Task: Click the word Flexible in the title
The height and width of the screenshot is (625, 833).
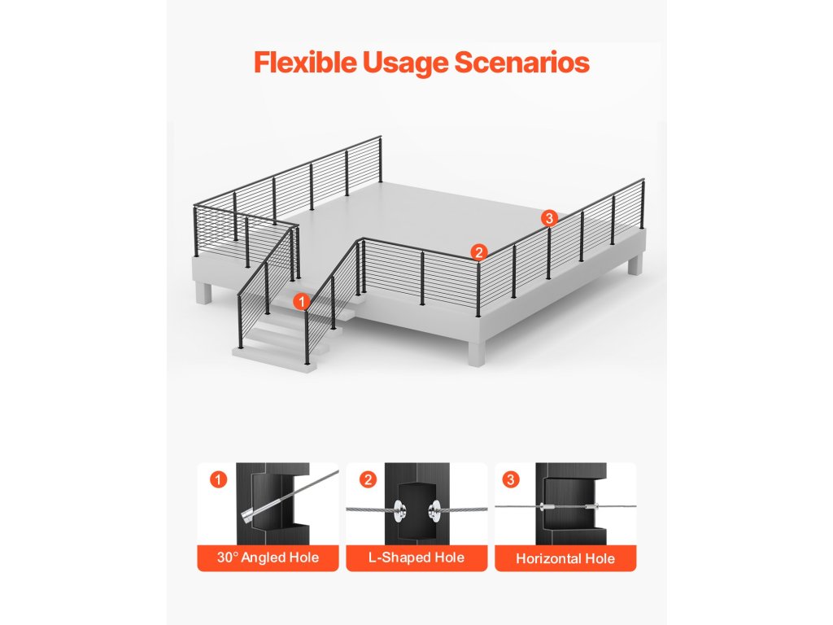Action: click(306, 62)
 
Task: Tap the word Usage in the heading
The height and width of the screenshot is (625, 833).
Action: click(405, 63)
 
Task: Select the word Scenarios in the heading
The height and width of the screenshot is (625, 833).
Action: click(521, 62)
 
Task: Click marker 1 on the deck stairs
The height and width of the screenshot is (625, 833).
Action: click(302, 301)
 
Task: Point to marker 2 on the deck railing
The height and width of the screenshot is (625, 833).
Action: click(479, 252)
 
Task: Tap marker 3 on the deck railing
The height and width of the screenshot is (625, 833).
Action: click(549, 218)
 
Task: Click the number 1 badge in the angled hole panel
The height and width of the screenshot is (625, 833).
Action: click(218, 479)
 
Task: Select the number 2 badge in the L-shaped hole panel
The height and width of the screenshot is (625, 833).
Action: click(368, 479)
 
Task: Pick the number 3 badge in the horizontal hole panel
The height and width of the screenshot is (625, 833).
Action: click(511, 479)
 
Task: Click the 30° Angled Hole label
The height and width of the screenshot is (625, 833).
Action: click(268, 557)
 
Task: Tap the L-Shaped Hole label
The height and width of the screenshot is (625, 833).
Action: click(416, 557)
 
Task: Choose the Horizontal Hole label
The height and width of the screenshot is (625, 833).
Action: click(565, 558)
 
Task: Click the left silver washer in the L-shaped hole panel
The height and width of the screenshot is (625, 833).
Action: click(398, 511)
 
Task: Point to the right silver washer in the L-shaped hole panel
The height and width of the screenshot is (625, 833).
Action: click(434, 511)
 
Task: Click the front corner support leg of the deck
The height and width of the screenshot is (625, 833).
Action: click(476, 352)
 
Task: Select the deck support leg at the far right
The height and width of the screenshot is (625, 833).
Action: click(635, 264)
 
